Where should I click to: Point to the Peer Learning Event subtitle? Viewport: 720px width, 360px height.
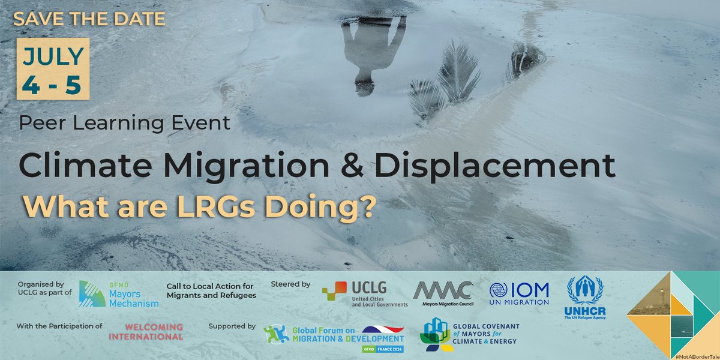[125, 123]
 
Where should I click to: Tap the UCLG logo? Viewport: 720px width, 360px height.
[365, 295]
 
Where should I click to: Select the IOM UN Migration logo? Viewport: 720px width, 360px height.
[519, 294]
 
